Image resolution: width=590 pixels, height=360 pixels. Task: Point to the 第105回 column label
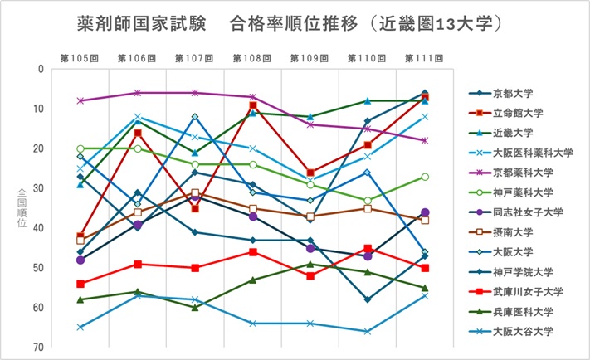point(80,58)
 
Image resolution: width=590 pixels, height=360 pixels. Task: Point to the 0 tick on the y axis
point(39,69)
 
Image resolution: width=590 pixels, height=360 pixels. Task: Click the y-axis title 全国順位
point(22,207)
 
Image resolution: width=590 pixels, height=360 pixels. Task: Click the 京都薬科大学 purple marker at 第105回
point(80,100)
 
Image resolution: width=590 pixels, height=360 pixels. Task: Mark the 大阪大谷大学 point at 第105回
point(80,327)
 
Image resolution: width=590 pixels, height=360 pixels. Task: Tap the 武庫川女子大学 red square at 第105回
point(80,284)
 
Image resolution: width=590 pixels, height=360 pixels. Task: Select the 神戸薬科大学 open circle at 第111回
point(425,177)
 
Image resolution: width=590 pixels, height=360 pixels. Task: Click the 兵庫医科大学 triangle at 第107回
point(195,308)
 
